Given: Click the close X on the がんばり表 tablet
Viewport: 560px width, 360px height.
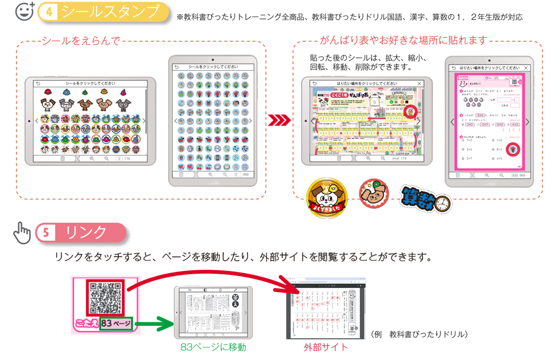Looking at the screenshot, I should click(x=420, y=83).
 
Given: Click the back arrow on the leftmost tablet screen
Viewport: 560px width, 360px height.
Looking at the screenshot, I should click(x=38, y=83).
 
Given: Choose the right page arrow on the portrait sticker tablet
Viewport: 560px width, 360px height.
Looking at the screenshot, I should click(x=250, y=121).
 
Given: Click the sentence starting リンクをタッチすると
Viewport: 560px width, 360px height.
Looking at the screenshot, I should click(x=243, y=257).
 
